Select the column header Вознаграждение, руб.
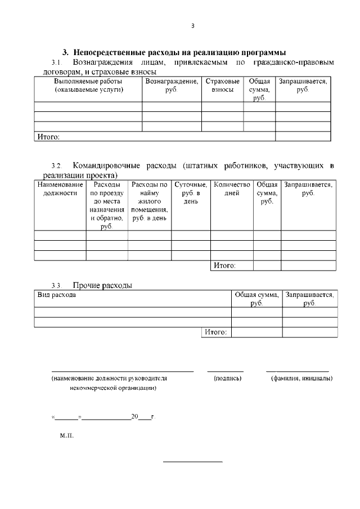(x=172, y=85)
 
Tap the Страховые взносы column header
(x=222, y=85)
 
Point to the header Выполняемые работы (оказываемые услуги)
(x=88, y=85)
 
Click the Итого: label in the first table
(x=48, y=136)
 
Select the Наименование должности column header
(x=60, y=188)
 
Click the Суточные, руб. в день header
(x=191, y=193)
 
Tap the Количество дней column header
(x=232, y=188)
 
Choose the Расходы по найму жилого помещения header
(x=149, y=201)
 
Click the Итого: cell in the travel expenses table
(x=224, y=265)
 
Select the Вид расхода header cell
(x=56, y=294)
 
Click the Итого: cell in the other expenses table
(x=215, y=332)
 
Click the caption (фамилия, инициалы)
(x=301, y=378)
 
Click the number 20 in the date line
(x=134, y=417)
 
